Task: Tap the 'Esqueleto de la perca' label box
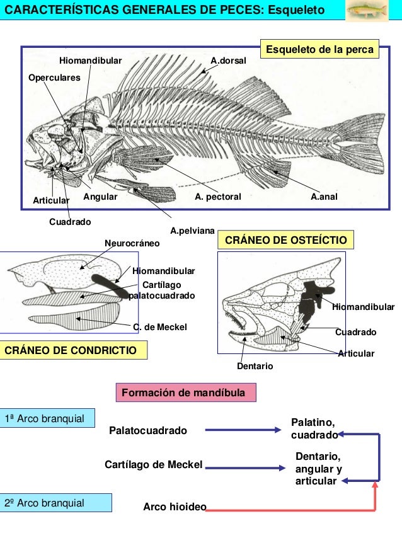tap(320, 50)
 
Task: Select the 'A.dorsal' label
tap(229, 60)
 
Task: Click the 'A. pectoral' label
tap(218, 197)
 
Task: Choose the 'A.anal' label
tap(325, 197)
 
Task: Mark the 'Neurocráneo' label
tap(132, 243)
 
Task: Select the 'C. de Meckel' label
tap(160, 327)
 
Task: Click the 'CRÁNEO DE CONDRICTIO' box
tap(74, 350)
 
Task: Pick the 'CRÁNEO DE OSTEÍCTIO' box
tap(285, 241)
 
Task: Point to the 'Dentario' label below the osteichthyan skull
tap(255, 365)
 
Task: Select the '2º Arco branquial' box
tap(55, 503)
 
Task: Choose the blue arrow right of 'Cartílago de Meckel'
tap(246, 468)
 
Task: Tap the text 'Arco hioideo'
tap(175, 507)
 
